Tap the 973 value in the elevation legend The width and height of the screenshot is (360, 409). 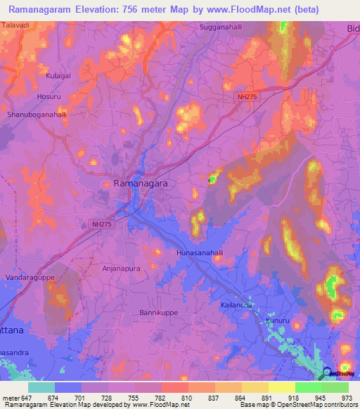click(x=346, y=397)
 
